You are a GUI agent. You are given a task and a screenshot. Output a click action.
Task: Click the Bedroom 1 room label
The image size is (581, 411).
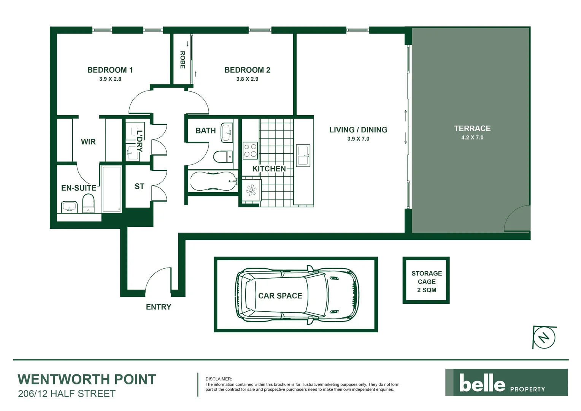point(110,70)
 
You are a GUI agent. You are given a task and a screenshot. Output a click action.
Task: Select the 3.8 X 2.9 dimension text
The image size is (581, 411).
point(247,79)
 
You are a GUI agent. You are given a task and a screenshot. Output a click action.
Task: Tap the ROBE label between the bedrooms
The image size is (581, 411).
point(183,60)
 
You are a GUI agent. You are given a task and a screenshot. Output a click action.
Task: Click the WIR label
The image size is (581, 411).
point(88,142)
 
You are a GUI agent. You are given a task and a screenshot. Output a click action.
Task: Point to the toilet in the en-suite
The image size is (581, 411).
point(88,203)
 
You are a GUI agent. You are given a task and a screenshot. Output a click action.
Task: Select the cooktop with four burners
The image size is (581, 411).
point(250,150)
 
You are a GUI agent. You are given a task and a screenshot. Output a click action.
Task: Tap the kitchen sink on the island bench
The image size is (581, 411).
point(303,155)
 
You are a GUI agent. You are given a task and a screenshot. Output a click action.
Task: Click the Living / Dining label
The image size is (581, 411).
point(358,130)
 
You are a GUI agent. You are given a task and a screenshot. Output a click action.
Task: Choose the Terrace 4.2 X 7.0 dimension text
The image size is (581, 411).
point(472,138)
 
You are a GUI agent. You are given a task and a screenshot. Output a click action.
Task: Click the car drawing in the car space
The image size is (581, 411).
point(297,295)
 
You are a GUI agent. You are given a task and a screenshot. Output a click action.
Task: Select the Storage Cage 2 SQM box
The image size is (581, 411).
point(426,280)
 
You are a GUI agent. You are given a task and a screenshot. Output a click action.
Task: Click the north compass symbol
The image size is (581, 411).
point(544,337)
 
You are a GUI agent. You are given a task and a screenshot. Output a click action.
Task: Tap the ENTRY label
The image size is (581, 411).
point(159,307)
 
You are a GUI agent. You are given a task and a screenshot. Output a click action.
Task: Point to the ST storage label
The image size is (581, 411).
point(139,186)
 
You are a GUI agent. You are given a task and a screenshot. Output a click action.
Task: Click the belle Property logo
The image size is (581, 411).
point(506,382)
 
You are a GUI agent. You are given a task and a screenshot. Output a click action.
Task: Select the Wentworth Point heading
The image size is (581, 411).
point(87,379)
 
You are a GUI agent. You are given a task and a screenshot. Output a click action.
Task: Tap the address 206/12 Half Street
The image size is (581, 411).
point(67,394)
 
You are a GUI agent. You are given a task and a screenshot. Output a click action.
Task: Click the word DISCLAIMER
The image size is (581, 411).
point(218,379)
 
